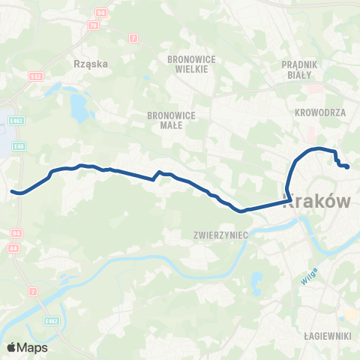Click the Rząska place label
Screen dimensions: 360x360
pyautogui.click(x=92, y=64)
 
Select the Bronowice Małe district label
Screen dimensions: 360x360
pyautogui.click(x=171, y=120)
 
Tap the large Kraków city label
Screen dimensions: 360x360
pyautogui.click(x=316, y=200)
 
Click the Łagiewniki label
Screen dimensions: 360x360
pyautogui.click(x=328, y=337)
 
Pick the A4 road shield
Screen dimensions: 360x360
pyautogui.click(x=13, y=247)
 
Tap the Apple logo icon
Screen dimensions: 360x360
pyautogui.click(x=12, y=347)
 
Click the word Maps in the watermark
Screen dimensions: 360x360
pyautogui.click(x=33, y=347)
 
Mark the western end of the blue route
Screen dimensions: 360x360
pyautogui.click(x=12, y=191)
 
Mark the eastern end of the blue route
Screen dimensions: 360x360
pyautogui.click(x=349, y=167)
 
